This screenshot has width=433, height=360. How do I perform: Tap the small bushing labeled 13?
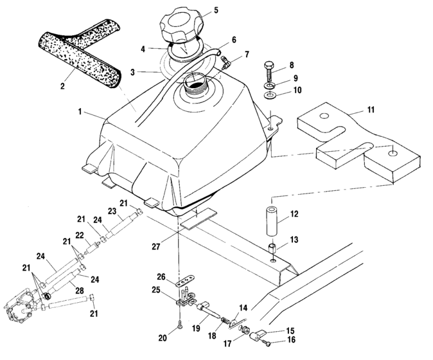pos(272,248)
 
